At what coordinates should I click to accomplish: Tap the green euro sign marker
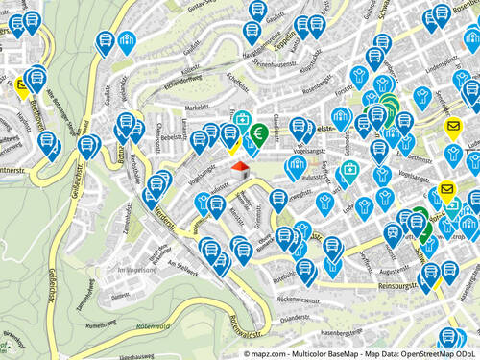260,132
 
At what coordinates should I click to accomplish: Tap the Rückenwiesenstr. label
299,300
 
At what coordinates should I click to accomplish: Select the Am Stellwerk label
180,263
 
